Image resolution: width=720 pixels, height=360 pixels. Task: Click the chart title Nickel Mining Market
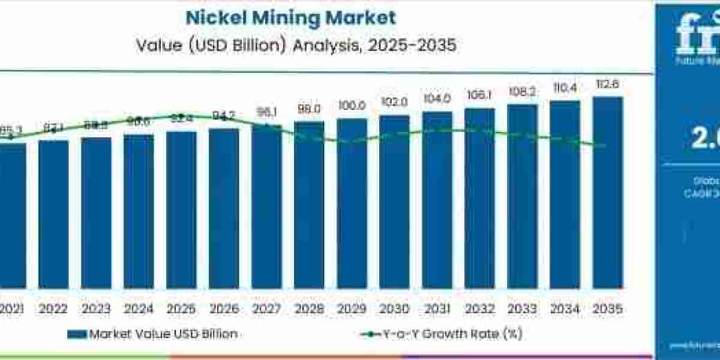pyautogui.click(x=290, y=17)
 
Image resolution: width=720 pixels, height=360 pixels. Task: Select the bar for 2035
pyautogui.click(x=607, y=201)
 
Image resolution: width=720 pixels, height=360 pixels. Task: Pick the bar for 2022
pyautogui.click(x=53, y=222)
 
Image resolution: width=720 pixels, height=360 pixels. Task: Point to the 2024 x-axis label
pyautogui.click(x=139, y=308)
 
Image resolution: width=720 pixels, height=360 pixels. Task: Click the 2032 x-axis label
pyautogui.click(x=479, y=308)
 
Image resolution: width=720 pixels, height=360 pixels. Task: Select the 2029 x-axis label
pyautogui.click(x=352, y=308)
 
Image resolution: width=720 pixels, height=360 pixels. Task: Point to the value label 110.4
pyautogui.click(x=565, y=88)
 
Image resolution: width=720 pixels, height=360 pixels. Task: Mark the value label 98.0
pyautogui.click(x=309, y=109)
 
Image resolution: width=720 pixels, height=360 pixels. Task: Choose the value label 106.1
pyautogui.click(x=479, y=95)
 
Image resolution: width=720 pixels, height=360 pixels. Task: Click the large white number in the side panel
pyautogui.click(x=705, y=139)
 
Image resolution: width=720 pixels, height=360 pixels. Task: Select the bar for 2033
pyautogui.click(x=522, y=204)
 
